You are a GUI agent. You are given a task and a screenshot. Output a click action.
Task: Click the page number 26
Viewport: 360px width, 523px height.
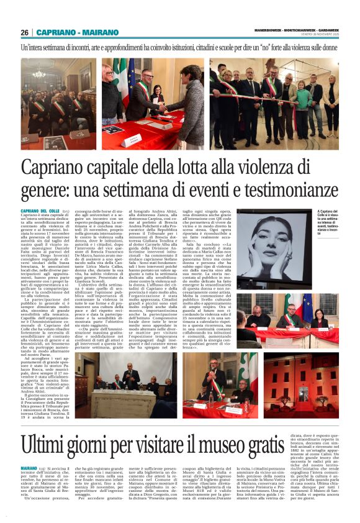click(x=25, y=32)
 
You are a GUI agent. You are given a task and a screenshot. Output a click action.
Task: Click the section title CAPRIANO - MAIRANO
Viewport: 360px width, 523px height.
click(x=68, y=32)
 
